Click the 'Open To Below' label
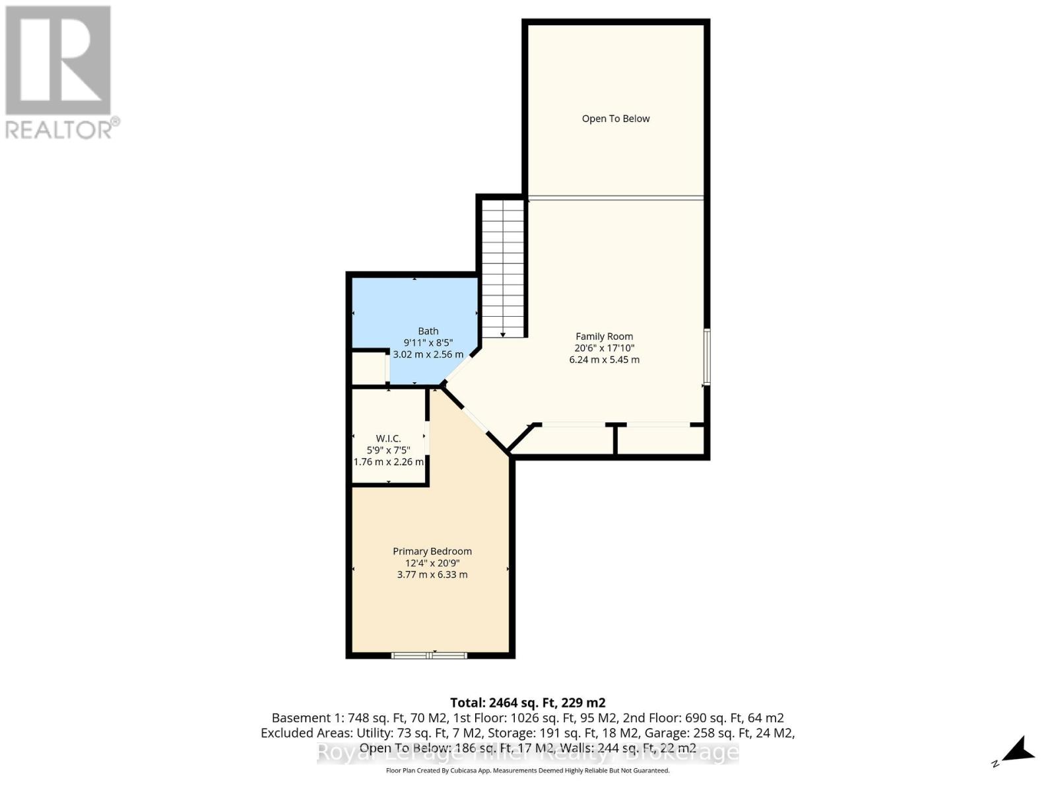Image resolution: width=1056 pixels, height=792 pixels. [616, 119]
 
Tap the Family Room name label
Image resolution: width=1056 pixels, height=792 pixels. [604, 337]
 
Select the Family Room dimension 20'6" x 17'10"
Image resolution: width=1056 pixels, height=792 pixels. [604, 348]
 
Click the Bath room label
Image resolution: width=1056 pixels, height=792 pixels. [428, 331]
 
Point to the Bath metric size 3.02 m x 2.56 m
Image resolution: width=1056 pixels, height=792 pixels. [428, 354]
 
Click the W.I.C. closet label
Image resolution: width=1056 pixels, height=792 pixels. [388, 438]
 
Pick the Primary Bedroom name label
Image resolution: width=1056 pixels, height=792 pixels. [432, 551]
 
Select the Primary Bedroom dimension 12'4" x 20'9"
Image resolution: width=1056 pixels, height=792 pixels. [432, 563]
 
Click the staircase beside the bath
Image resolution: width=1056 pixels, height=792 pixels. [503, 264]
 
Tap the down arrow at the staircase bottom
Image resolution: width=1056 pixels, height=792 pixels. [503, 335]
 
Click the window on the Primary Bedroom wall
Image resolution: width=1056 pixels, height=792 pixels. [430, 655]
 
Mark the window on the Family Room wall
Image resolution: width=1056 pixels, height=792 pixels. [706, 356]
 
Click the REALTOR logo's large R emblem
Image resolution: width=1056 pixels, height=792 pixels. [58, 61]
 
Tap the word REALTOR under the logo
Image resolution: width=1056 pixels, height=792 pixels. [59, 129]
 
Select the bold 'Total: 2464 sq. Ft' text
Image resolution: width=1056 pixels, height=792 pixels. [527, 703]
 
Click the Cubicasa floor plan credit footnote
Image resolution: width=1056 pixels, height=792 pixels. [527, 771]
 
